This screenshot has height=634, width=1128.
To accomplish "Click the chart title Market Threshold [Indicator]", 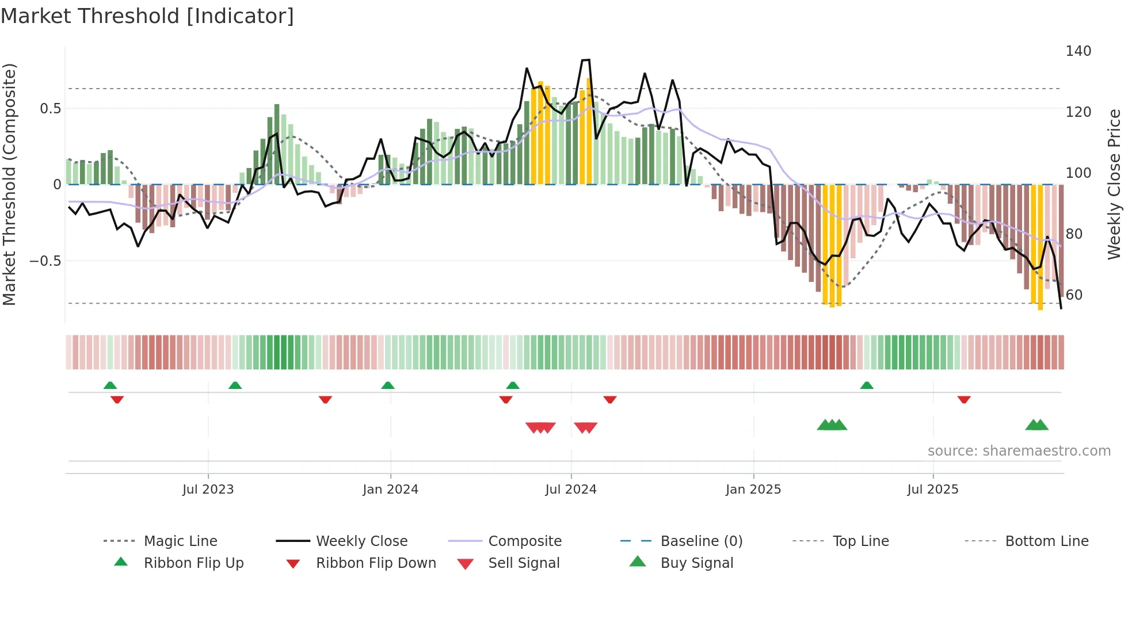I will click(x=147, y=16).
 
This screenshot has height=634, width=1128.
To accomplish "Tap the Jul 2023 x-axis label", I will click(x=208, y=490).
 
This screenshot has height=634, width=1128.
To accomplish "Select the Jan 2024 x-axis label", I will click(x=390, y=490).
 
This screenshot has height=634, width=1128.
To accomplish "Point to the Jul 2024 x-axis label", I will click(x=570, y=490).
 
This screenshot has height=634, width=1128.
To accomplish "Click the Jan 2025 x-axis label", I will click(x=753, y=490).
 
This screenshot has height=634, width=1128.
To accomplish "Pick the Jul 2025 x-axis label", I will click(x=932, y=490).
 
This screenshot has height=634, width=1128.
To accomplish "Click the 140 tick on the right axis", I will click(x=1078, y=51).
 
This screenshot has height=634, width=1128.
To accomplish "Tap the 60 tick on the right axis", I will click(x=1074, y=295).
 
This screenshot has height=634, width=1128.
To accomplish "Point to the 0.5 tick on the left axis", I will click(x=50, y=109).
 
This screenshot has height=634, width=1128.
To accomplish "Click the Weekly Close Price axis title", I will click(x=1114, y=184).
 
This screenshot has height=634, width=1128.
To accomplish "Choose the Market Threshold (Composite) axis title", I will click(x=9, y=184).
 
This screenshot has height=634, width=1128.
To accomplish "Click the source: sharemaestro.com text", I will click(x=1019, y=451).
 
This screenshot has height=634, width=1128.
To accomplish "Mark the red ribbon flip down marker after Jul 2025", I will click(x=964, y=399).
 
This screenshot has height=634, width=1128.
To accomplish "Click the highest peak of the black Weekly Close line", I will click(x=586, y=60).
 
